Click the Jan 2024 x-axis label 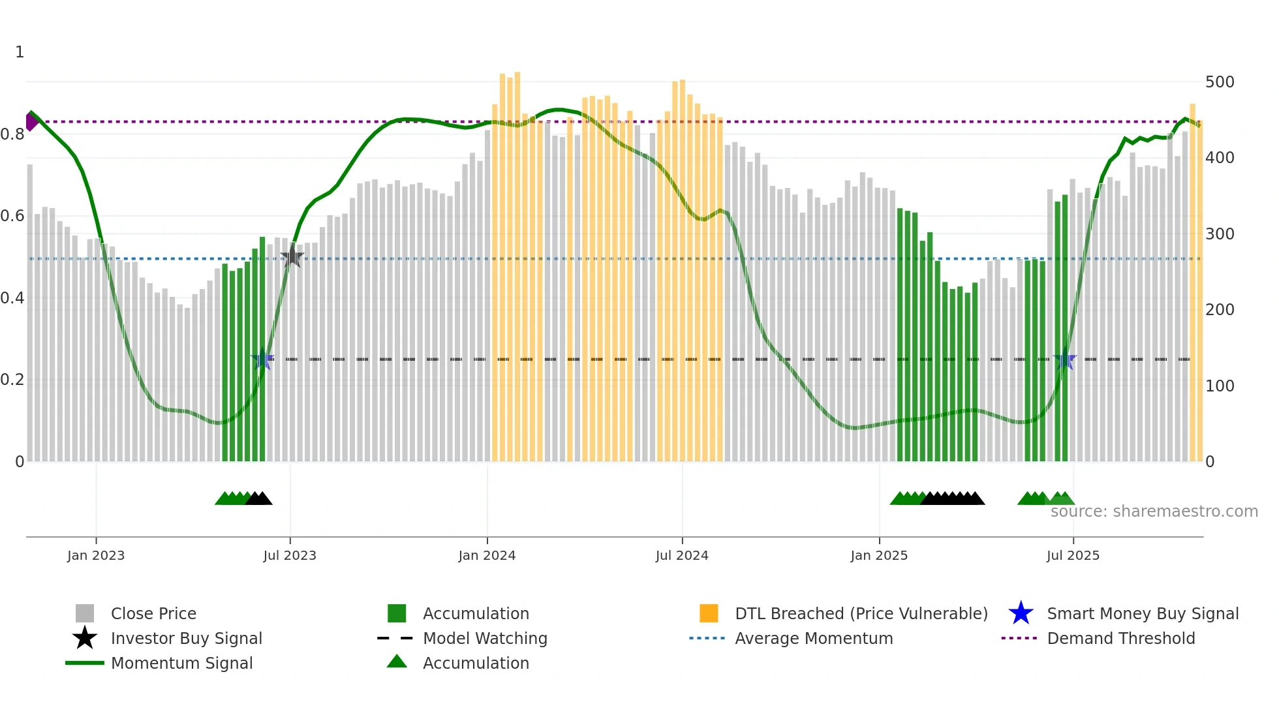pyautogui.click(x=487, y=555)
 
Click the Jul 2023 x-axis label pyautogui.click(x=290, y=555)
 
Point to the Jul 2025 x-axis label pyautogui.click(x=1073, y=555)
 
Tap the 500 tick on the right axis pyautogui.click(x=1219, y=82)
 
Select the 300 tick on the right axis pyautogui.click(x=1219, y=234)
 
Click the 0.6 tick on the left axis pyautogui.click(x=12, y=216)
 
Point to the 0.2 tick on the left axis pyautogui.click(x=12, y=380)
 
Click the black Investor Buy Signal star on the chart pyautogui.click(x=292, y=257)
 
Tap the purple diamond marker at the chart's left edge pyautogui.click(x=31, y=121)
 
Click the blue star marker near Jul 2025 pyautogui.click(x=1065, y=359)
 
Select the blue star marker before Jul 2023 pyautogui.click(x=262, y=359)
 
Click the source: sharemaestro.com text pyautogui.click(x=1154, y=512)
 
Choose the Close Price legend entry pyautogui.click(x=153, y=613)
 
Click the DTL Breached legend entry pyautogui.click(x=861, y=613)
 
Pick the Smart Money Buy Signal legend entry pyautogui.click(x=1142, y=613)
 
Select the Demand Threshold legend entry pyautogui.click(x=1120, y=638)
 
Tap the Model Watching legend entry pyautogui.click(x=485, y=638)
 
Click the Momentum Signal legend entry pyautogui.click(x=181, y=663)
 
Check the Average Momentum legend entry pyautogui.click(x=813, y=638)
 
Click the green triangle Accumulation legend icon pyautogui.click(x=397, y=662)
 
